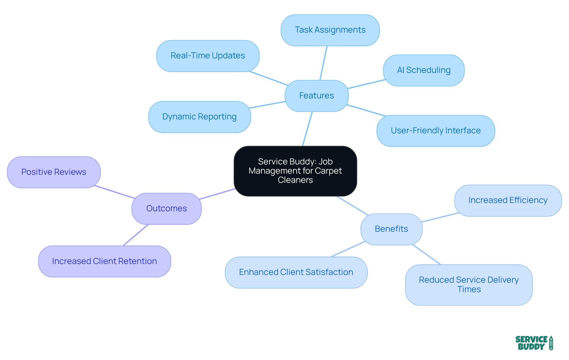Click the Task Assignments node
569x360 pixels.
point(330,30)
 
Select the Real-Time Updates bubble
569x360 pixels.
point(208,56)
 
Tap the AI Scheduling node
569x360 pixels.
point(423,71)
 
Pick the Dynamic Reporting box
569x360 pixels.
point(199,117)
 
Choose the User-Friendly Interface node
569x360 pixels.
point(435,131)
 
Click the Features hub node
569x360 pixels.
point(316,96)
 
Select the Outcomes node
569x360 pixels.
point(167,209)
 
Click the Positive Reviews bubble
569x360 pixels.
point(54,172)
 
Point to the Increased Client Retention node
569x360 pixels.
point(104,261)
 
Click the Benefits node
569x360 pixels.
point(391,229)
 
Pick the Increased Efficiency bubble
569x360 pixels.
point(508,201)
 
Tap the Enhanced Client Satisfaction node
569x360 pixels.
point(296,272)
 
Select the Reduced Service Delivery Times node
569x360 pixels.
point(469,285)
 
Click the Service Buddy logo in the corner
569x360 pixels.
point(534,343)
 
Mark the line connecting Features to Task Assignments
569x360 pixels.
point(323,63)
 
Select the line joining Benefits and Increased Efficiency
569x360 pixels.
point(440,217)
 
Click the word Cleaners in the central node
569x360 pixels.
point(295,180)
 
